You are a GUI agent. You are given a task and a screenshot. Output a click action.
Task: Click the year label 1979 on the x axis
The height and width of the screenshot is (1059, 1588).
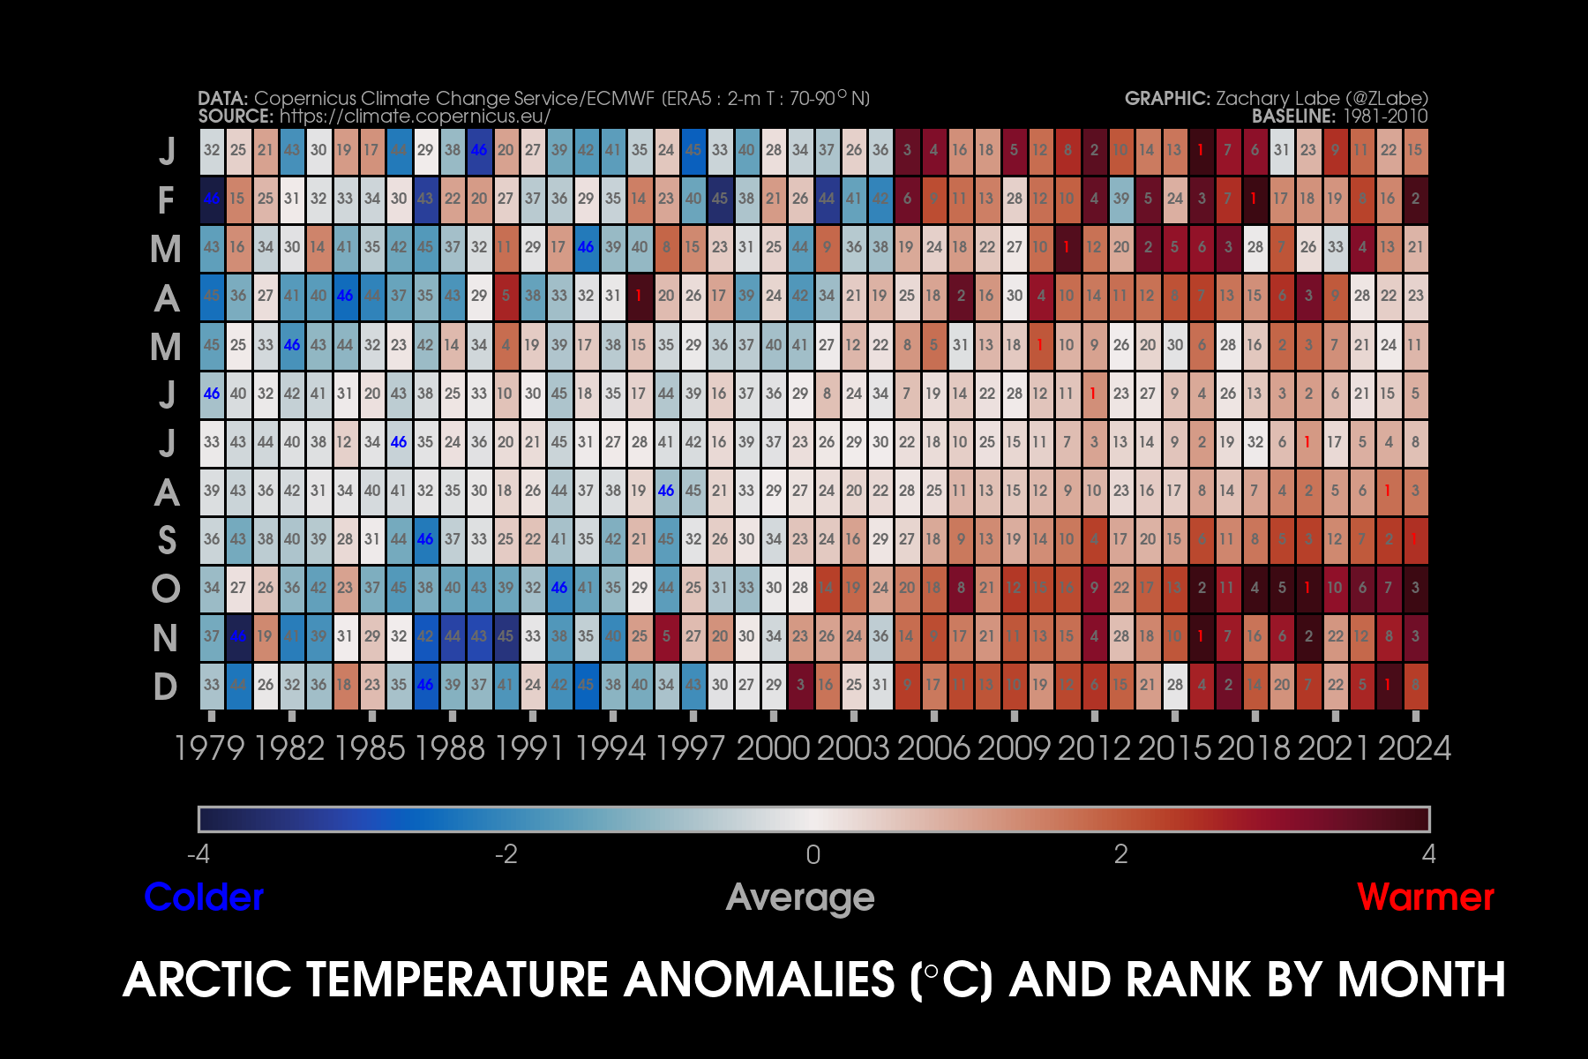pos(209,748)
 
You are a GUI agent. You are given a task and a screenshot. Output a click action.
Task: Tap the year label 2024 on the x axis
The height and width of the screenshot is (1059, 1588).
pos(1414,748)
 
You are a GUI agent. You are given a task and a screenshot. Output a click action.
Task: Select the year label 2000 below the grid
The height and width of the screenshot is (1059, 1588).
pos(773,748)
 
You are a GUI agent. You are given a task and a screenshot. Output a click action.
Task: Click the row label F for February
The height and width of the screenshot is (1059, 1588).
pos(166,200)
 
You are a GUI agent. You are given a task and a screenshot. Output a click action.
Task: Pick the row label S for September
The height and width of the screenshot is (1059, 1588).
pos(166,540)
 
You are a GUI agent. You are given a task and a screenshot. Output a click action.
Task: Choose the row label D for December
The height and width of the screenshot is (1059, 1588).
pos(165,687)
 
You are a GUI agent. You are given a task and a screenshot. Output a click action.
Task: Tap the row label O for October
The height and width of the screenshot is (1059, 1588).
pos(165,589)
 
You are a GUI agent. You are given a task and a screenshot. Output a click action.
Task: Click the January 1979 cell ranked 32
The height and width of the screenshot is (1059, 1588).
pos(212,150)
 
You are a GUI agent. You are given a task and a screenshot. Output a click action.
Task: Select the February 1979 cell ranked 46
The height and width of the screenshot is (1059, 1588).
pos(212,199)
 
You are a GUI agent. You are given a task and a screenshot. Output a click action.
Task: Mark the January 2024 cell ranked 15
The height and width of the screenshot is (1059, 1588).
pos(1414,150)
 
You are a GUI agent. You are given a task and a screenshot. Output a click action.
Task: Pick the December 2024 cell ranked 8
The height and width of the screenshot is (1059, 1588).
pos(1414,685)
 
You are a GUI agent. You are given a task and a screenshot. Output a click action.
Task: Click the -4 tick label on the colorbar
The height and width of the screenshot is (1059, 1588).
pos(198,854)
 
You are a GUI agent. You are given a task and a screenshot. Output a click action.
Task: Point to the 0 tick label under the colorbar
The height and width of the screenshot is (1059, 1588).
pos(813,854)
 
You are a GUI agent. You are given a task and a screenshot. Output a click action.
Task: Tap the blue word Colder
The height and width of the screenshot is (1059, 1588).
pos(204,898)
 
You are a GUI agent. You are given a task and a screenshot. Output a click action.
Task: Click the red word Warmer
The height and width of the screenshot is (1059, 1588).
pos(1426,898)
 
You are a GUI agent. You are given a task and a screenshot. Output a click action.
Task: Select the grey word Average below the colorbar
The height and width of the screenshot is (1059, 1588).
pos(800,898)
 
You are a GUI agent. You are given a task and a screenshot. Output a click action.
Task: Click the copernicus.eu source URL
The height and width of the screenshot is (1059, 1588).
pos(415,116)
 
